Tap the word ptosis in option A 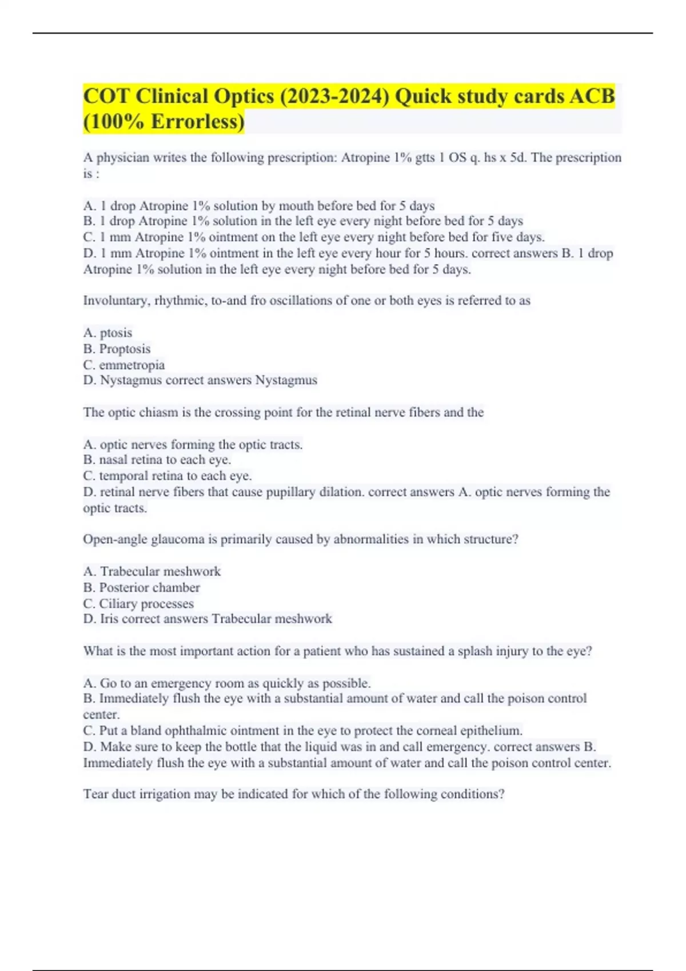coord(116,333)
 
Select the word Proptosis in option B coord(125,349)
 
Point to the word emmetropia coord(131,365)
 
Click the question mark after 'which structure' coord(516,540)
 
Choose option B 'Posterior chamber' coord(142,588)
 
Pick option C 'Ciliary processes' coord(139,604)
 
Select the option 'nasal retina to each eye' coord(157,460)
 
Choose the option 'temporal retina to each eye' coord(167,476)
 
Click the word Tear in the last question coord(94,794)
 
